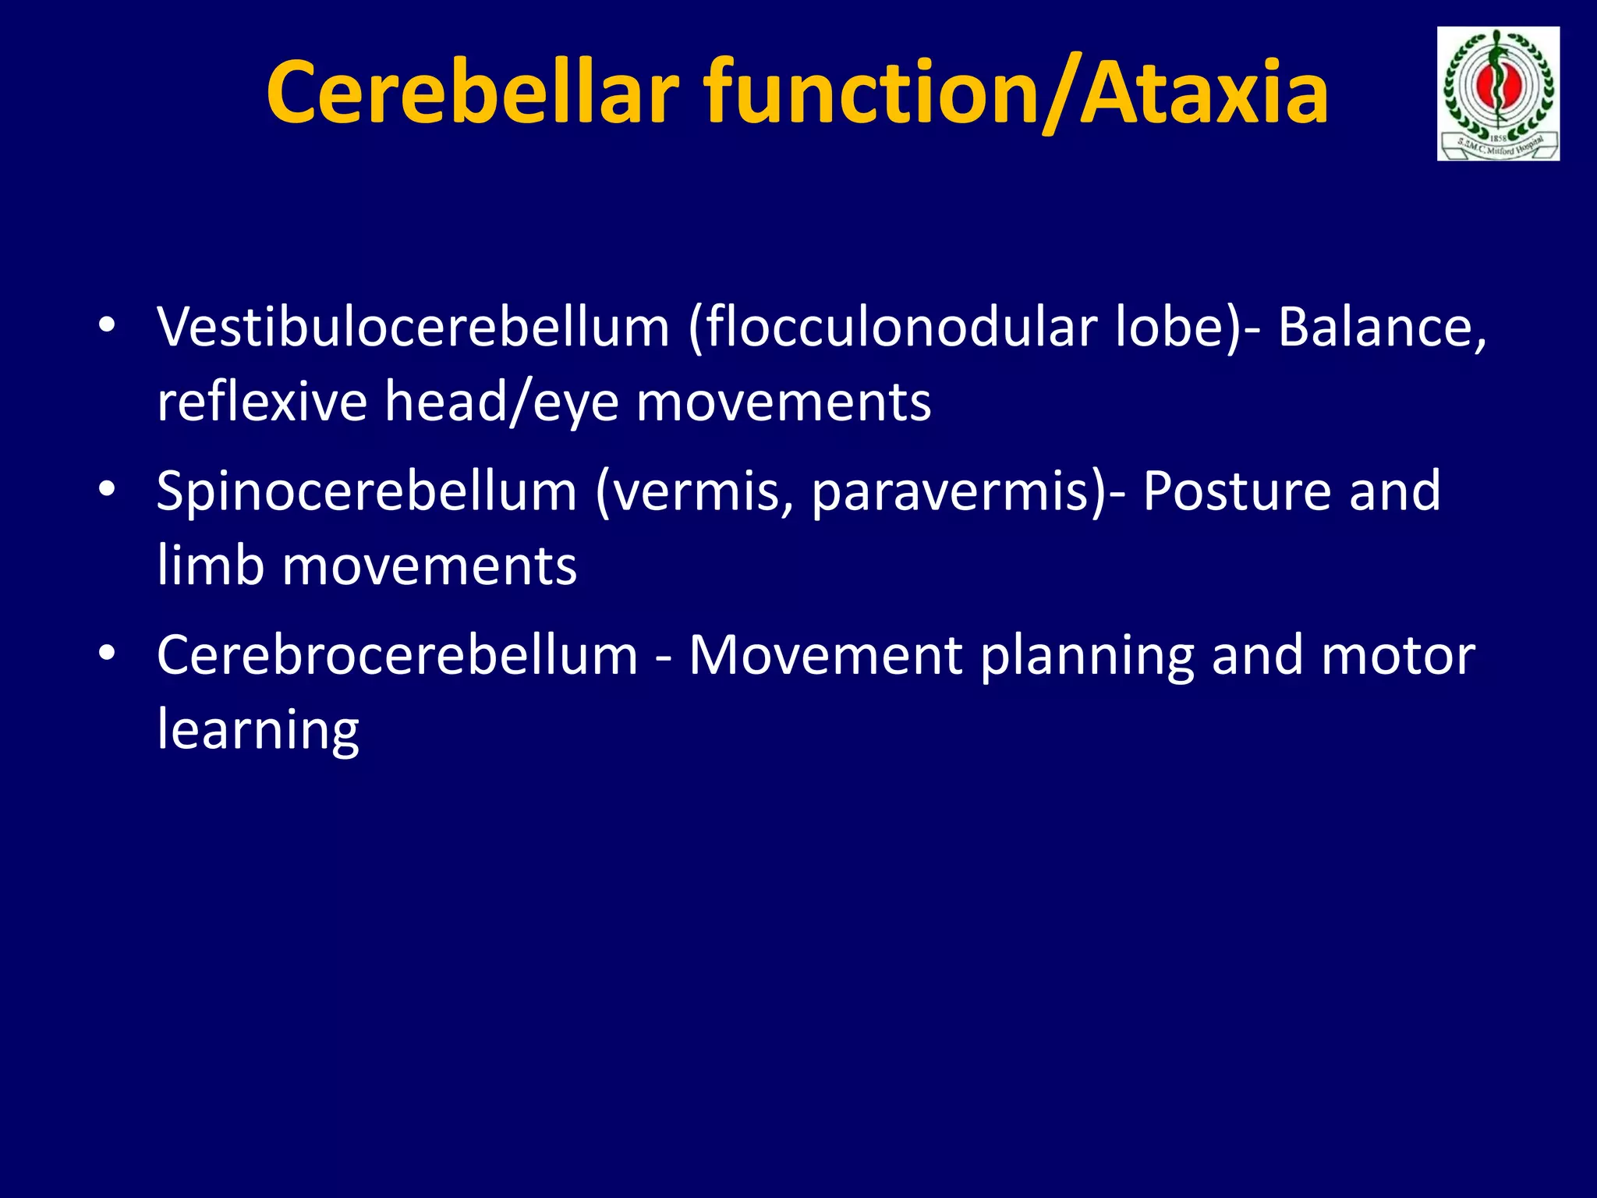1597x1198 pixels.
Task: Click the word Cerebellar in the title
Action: (473, 94)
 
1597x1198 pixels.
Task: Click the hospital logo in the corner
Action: (1498, 94)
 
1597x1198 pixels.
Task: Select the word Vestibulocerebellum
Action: (413, 327)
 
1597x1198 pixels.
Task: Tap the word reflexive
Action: (261, 402)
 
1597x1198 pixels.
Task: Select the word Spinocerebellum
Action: (366, 491)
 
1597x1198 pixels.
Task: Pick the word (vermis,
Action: (695, 491)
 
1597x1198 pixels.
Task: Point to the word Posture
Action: (1237, 491)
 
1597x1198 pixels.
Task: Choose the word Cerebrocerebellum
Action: (397, 654)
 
